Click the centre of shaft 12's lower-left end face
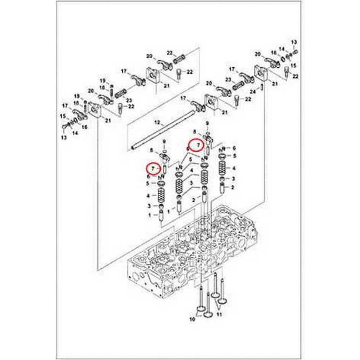132,148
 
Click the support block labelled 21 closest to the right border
261,73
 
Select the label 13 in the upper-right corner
294,42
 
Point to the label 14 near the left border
75,133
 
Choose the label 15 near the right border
293,66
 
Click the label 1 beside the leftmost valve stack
150,215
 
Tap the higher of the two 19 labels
103,81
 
